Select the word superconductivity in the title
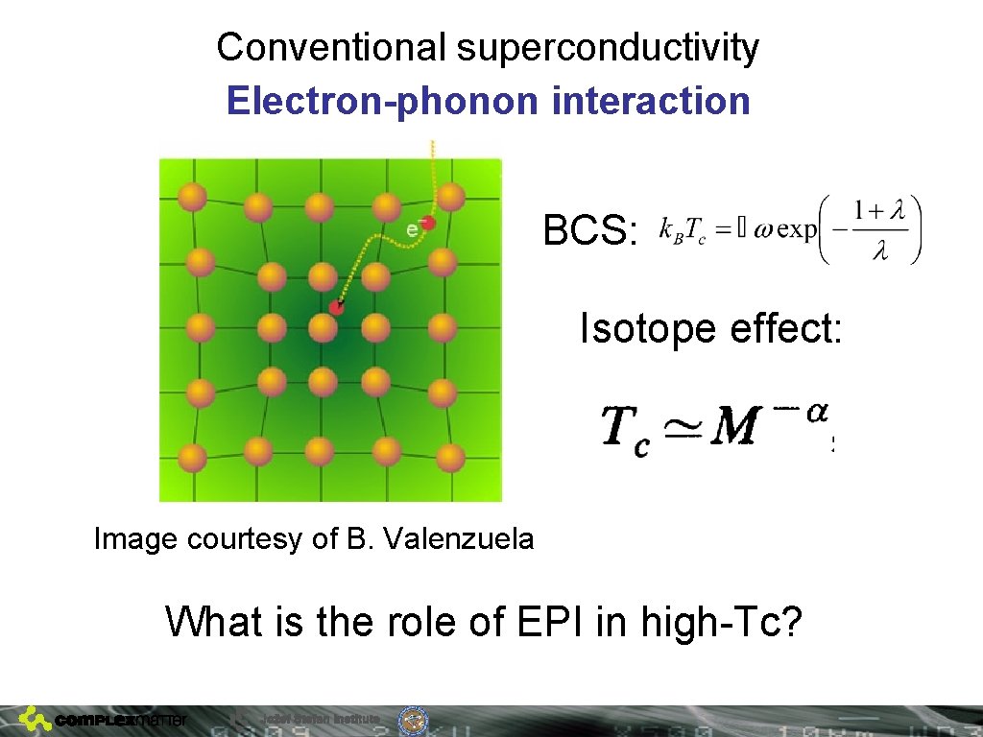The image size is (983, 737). [608, 47]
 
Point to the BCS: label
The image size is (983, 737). [590, 230]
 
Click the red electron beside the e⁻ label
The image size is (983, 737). [428, 223]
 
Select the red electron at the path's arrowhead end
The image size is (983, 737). [336, 307]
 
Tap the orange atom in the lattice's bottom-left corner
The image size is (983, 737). [192, 457]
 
